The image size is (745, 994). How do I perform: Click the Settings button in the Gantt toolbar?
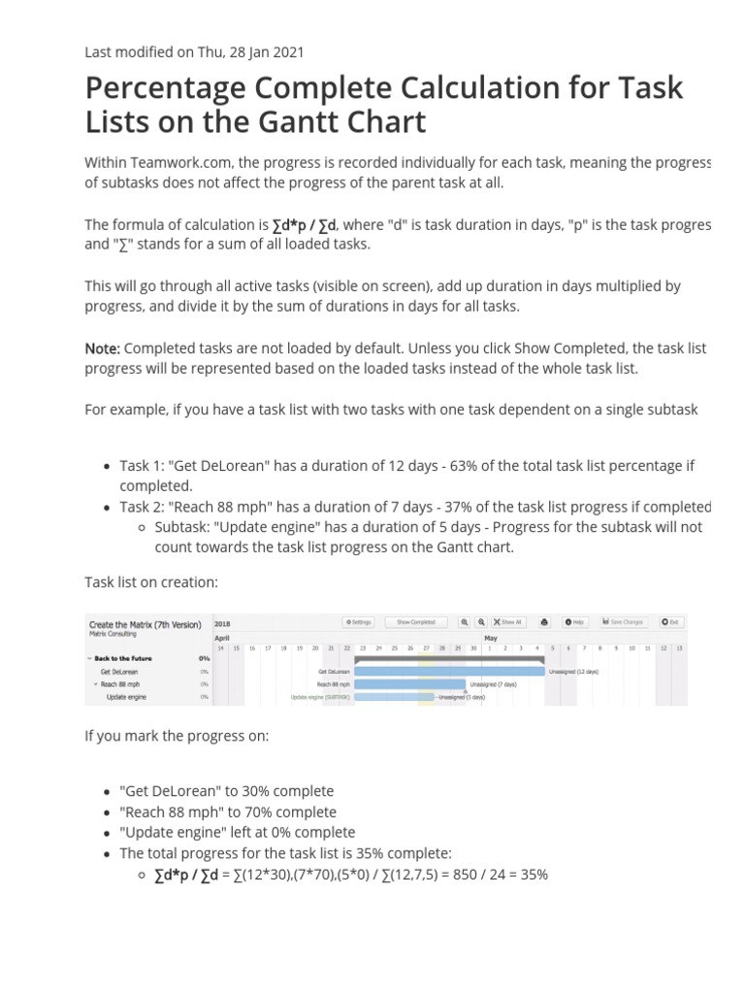coord(358,621)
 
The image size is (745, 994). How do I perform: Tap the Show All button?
coord(507,621)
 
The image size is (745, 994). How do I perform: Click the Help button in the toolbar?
coord(575,621)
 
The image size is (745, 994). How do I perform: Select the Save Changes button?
coord(624,621)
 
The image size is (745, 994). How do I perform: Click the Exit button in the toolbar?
coord(670,621)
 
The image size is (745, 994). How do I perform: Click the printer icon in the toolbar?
coord(544,621)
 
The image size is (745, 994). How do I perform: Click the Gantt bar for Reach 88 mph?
coord(409,683)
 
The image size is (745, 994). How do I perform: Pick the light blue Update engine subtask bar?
coord(394,696)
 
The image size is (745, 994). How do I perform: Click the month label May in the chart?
coord(491,638)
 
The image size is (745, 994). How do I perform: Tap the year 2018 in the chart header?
coord(222,623)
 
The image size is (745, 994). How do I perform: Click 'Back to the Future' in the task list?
coord(123,658)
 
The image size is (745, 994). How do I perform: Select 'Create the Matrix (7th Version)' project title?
coord(145,624)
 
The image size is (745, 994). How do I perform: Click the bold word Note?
coord(103,348)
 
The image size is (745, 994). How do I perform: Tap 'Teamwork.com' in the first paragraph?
coord(175,161)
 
